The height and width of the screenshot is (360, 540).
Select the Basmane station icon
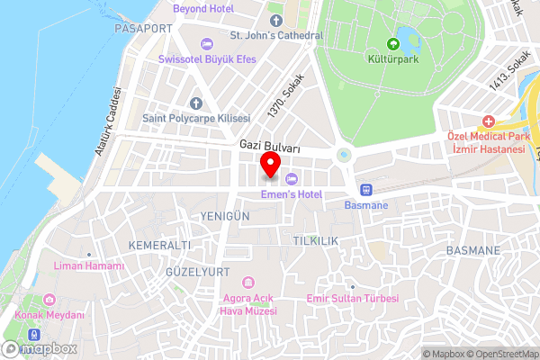pos(366,190)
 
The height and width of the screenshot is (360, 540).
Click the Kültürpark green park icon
pos(392,43)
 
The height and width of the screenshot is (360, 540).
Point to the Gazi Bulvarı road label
pos(269,144)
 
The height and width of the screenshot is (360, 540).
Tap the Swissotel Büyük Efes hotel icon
pos(207,43)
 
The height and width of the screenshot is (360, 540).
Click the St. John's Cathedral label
pos(275,36)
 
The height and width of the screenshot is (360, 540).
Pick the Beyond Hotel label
pos(202,8)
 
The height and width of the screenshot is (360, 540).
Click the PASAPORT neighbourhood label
pos(143,29)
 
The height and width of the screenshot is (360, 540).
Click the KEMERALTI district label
pos(159,245)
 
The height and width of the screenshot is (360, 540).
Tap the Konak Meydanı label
pos(50,315)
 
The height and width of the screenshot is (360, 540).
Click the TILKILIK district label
pos(314,241)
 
